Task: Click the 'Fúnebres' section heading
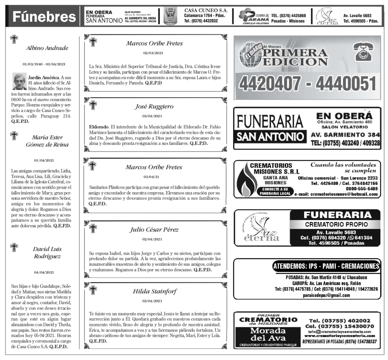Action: click(44, 17)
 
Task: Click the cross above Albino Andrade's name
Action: click(14, 39)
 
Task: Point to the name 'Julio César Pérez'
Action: click(154, 229)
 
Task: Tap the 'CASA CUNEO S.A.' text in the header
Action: click(206, 10)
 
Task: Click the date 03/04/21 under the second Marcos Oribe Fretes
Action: click(154, 177)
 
